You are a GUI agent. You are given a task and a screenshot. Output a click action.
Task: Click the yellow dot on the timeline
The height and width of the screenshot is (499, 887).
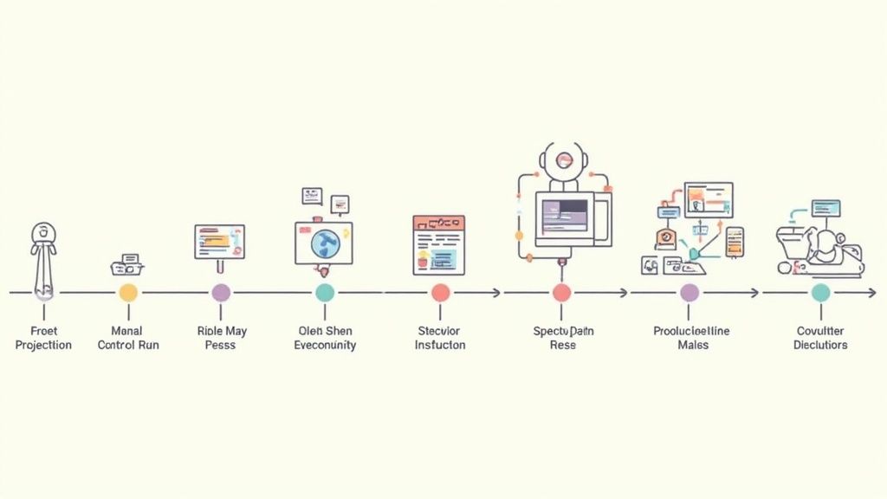point(128,293)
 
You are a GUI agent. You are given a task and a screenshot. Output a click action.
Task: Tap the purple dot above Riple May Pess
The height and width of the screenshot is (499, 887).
point(221,293)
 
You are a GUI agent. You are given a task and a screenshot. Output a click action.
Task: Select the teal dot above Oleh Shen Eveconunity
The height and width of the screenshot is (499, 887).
point(325,293)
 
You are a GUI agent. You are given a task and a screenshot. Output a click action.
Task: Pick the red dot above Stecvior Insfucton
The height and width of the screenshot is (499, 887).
point(440,293)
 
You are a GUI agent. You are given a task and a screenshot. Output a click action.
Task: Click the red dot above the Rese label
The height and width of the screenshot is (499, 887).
point(561,293)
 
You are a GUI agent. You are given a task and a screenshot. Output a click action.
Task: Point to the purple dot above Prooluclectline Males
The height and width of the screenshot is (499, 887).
point(690,293)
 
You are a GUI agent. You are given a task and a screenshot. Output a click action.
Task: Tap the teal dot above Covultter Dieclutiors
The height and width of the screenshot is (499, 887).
point(820,293)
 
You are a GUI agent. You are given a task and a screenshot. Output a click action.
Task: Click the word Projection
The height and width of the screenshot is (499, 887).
point(43,345)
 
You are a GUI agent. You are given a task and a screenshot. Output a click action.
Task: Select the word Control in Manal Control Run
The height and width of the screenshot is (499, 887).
point(115,345)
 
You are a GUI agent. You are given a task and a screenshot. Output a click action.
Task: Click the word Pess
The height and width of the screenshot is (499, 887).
point(221,345)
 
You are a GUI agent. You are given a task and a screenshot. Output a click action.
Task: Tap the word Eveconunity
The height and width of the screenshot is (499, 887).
point(325,345)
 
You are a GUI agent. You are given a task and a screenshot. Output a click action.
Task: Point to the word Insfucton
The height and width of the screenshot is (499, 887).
point(440,345)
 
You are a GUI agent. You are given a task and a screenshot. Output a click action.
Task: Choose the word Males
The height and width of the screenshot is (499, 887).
point(692,345)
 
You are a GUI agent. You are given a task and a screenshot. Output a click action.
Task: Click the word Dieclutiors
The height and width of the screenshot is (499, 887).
point(820,345)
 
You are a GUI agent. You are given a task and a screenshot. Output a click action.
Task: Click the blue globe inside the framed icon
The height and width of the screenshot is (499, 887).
point(325,243)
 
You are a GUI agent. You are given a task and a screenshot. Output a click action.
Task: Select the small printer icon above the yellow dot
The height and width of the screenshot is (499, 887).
point(128,264)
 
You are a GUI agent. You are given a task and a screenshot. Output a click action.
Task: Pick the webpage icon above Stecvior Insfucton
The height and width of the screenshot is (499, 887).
point(439,243)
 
